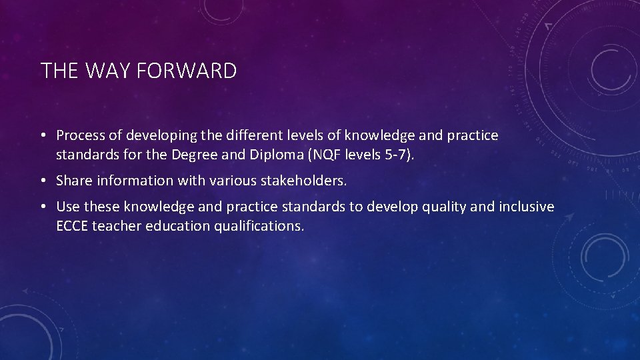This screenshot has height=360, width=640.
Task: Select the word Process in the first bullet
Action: coord(81,135)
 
